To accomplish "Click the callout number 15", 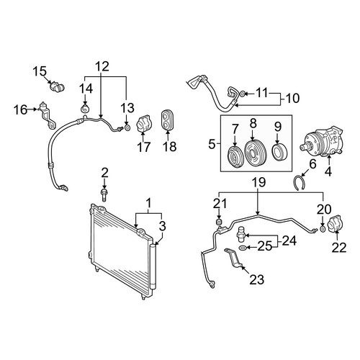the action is pyautogui.click(x=40, y=71).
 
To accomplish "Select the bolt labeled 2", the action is pyautogui.click(x=104, y=195).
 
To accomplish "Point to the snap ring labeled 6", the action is pyautogui.click(x=300, y=184).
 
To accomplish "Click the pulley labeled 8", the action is pyautogui.click(x=254, y=153).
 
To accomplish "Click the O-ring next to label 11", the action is pyautogui.click(x=243, y=94).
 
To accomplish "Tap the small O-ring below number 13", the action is pyautogui.click(x=127, y=127).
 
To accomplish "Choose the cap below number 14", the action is pyautogui.click(x=84, y=109).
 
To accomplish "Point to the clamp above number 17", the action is pyautogui.click(x=143, y=124).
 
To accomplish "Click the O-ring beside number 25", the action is pyautogui.click(x=243, y=248).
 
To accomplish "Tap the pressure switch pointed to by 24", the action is pyautogui.click(x=242, y=233).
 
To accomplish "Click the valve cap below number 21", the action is pyautogui.click(x=219, y=222).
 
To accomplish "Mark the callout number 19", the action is pyautogui.click(x=258, y=182).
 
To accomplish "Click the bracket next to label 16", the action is pyautogui.click(x=47, y=115).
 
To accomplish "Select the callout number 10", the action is pyautogui.click(x=292, y=98).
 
